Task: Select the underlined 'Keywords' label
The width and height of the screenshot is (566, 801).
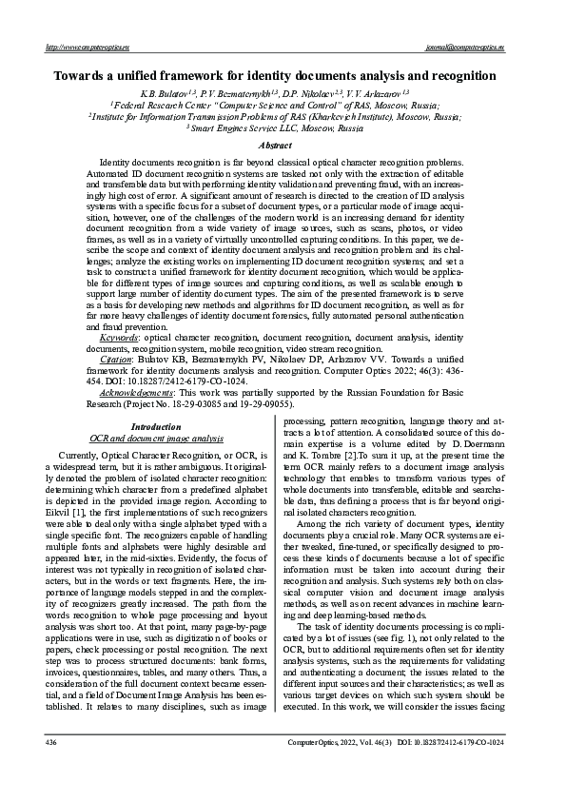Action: (119, 338)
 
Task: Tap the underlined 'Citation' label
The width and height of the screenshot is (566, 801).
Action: (117, 362)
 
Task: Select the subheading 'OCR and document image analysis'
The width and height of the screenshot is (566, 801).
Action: (156, 440)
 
